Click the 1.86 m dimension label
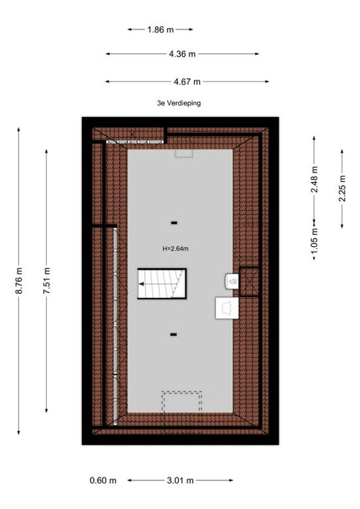pyautogui.click(x=160, y=29)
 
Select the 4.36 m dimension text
pyautogui.click(x=182, y=54)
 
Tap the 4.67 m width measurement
pyautogui.click(x=187, y=81)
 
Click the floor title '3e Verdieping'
pyautogui.click(x=179, y=103)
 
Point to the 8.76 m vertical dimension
pyautogui.click(x=19, y=281)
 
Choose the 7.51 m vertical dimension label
pyautogui.click(x=46, y=281)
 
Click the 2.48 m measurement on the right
pyautogui.click(x=314, y=179)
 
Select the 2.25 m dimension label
pyautogui.click(x=342, y=188)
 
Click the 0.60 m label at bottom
pyautogui.click(x=103, y=480)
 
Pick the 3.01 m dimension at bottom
pyautogui.click(x=180, y=480)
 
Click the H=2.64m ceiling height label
pyautogui.click(x=176, y=249)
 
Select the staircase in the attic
pyautogui.click(x=162, y=283)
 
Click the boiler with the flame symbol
pyautogui.click(x=232, y=281)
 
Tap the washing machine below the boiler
pyautogui.click(x=227, y=308)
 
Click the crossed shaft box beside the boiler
pyautogui.click(x=249, y=281)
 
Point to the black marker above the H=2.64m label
pyautogui.click(x=174, y=223)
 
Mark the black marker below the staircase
pyautogui.click(x=174, y=335)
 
